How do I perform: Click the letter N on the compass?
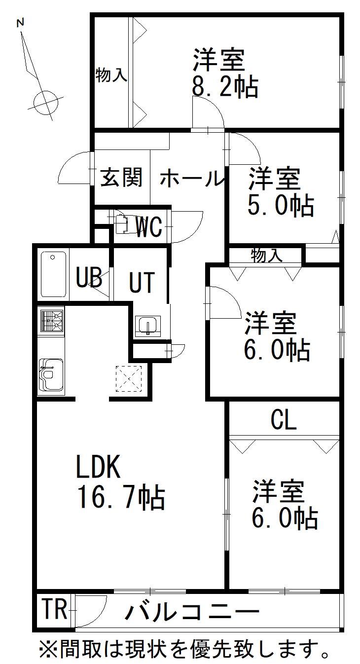point(20,23)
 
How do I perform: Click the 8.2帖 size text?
point(225,87)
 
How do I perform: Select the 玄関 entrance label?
point(121,177)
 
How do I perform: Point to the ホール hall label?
point(191,178)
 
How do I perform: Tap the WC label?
point(149,227)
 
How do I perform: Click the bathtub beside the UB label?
point(53,274)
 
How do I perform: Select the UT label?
point(142,283)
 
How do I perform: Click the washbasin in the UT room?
point(148,326)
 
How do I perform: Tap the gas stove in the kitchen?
point(52,322)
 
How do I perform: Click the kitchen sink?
point(51,375)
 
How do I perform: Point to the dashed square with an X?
point(129,378)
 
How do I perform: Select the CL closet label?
point(284,420)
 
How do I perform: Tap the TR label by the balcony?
point(55,609)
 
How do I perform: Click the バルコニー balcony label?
point(192,610)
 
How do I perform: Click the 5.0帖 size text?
point(281,205)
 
